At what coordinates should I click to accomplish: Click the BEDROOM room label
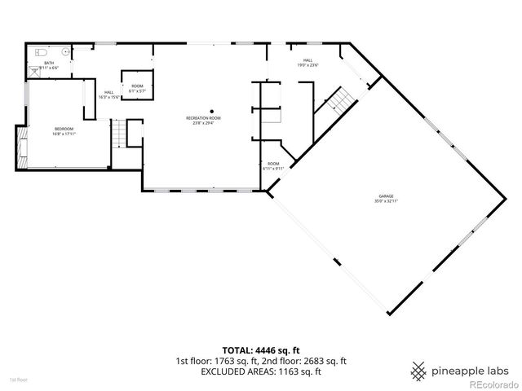click(x=64, y=129)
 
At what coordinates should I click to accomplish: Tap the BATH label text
click(x=49, y=63)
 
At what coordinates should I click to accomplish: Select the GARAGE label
click(x=386, y=195)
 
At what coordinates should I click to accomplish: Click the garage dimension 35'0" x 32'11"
click(x=386, y=200)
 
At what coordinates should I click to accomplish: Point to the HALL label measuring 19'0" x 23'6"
click(x=308, y=59)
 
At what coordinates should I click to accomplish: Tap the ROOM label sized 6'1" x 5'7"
click(x=137, y=86)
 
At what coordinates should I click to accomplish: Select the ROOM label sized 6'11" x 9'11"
click(x=272, y=164)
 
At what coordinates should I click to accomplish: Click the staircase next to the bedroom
click(x=120, y=134)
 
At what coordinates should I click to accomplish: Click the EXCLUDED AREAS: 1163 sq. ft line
click(x=260, y=371)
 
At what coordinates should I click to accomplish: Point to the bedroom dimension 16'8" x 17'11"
click(x=64, y=134)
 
